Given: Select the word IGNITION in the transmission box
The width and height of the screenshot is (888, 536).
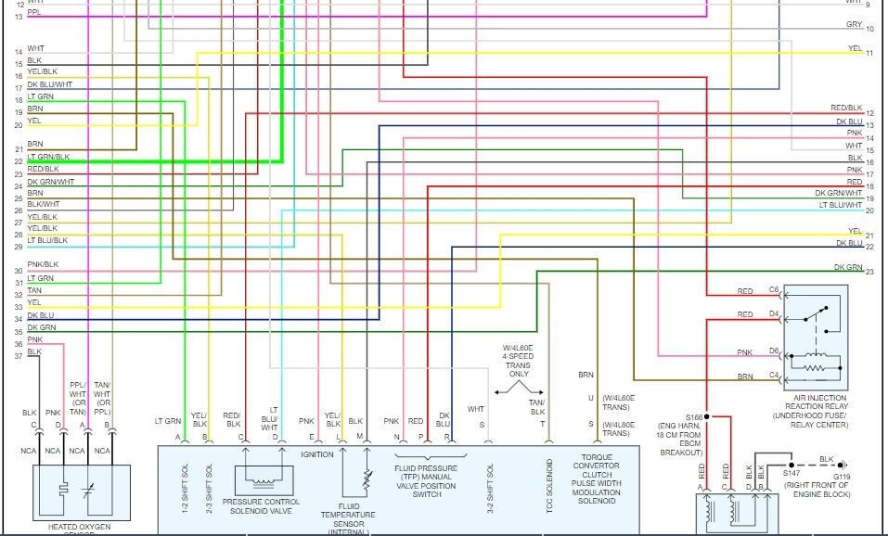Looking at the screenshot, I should coord(316,454).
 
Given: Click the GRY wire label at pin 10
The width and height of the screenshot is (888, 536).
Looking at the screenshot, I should coord(854,25).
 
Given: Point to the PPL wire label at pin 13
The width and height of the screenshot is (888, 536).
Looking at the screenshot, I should coord(34,12).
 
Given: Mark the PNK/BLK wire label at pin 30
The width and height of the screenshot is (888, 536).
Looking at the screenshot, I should coord(43,265).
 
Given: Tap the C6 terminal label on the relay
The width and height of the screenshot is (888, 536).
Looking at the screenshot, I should coord(773,290).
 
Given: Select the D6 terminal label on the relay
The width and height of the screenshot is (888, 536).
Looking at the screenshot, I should coord(773,350).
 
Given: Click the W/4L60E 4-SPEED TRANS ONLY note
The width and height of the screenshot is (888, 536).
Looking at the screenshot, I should coord(518,356).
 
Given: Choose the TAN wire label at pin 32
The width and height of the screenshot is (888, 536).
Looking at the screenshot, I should coord(34,290).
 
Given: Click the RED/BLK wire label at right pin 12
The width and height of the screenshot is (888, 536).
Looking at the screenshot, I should coord(846,108).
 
